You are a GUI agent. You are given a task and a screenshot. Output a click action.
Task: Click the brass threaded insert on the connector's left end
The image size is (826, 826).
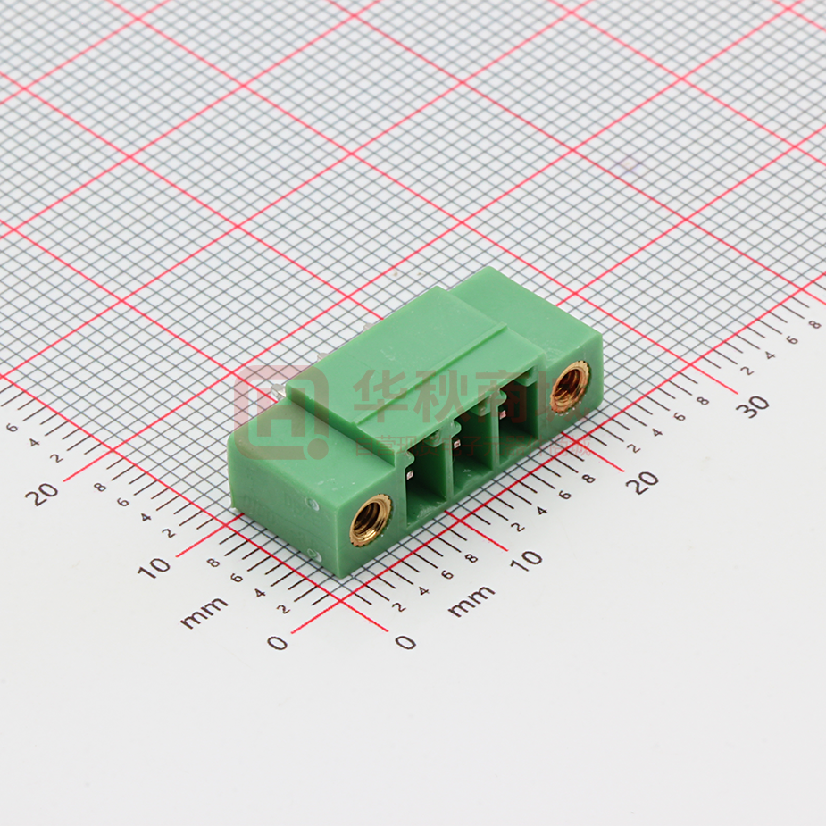click(x=370, y=519)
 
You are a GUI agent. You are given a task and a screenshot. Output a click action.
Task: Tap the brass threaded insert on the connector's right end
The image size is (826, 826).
click(x=568, y=388)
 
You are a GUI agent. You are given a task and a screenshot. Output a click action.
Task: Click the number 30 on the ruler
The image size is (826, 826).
click(x=755, y=405)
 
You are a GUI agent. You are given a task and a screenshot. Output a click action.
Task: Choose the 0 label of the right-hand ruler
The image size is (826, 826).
click(x=406, y=641)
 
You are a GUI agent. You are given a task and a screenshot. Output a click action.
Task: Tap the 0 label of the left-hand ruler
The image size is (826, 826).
click(x=278, y=641)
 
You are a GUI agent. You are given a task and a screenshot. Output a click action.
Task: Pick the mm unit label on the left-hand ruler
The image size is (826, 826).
click(x=204, y=614)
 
